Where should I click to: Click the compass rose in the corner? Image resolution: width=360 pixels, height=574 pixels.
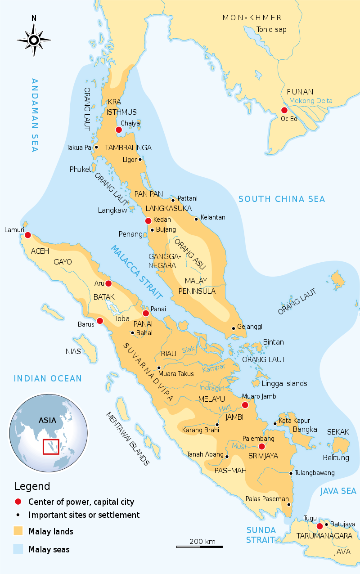34,40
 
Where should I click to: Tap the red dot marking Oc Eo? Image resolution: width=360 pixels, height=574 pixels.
284,110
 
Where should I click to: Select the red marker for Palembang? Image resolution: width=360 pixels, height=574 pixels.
261,446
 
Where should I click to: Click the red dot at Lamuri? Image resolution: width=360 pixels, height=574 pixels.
28,235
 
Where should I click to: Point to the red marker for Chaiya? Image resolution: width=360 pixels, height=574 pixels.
119,130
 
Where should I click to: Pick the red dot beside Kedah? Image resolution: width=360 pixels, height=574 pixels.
148,220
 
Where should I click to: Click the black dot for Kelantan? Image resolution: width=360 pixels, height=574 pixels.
196,219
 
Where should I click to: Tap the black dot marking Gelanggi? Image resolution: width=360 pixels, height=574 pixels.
233,328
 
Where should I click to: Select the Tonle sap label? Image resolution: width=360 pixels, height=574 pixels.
271,30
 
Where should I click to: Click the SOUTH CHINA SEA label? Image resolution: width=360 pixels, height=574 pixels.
281,199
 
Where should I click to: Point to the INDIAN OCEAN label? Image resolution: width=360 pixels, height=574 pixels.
48,379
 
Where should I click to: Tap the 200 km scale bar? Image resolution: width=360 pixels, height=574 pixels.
199,547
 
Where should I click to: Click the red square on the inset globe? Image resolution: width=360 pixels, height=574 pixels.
50,447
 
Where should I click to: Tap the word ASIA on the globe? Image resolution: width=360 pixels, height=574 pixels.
47,421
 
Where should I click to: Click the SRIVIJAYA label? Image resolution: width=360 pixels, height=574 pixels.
263,456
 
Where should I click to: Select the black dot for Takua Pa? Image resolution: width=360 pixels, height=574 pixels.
96,147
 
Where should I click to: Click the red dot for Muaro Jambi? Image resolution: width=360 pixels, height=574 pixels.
245,405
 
